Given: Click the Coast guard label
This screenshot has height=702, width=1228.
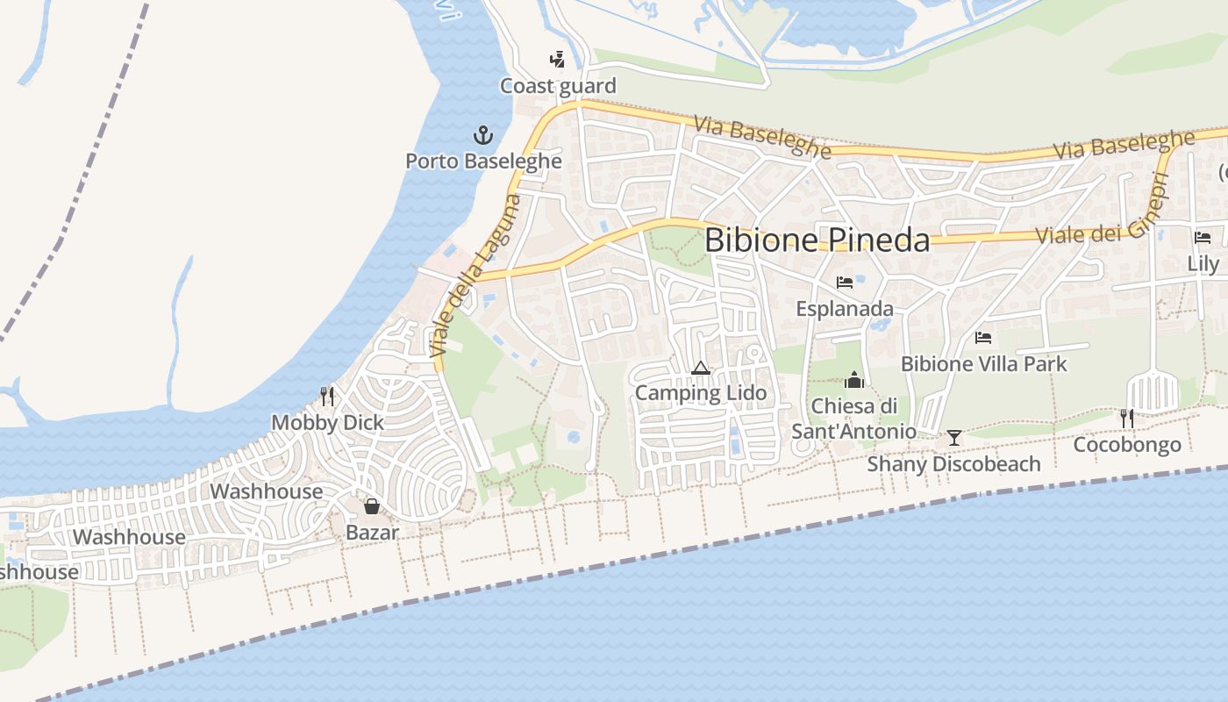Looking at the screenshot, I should tap(558, 86).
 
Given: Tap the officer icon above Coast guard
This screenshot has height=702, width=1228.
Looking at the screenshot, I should tap(556, 60).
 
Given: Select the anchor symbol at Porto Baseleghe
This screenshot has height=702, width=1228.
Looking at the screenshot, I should tap(483, 135).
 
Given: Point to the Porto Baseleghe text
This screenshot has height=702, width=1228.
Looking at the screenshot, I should tap(483, 161).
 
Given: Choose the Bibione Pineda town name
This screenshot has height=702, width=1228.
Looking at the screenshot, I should tap(817, 240).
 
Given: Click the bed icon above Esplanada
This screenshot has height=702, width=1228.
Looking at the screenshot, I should tap(845, 283).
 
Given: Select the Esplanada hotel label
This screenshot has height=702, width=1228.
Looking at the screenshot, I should tap(845, 309).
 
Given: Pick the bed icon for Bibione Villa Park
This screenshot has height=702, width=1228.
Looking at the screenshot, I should tap(983, 337).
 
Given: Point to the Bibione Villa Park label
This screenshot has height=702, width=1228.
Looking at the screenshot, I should tap(983, 363).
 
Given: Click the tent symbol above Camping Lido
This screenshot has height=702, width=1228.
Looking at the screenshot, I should tap(700, 367).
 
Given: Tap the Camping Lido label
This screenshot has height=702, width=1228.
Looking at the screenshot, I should tap(700, 393).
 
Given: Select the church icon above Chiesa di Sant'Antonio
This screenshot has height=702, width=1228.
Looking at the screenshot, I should tap(853, 380).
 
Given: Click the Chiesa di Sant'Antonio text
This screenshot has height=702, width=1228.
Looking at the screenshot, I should tap(854, 419).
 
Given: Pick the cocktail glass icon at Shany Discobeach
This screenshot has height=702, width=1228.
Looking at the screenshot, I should tap(953, 437).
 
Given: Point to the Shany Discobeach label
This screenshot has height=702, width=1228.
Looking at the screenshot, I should tap(953, 463).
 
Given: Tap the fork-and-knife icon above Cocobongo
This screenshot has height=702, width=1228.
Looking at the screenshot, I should tap(1127, 419).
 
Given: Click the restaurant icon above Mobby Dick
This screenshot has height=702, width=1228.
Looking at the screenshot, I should tap(327, 397).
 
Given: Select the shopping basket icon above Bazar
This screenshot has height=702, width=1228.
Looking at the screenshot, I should tap(372, 506).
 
